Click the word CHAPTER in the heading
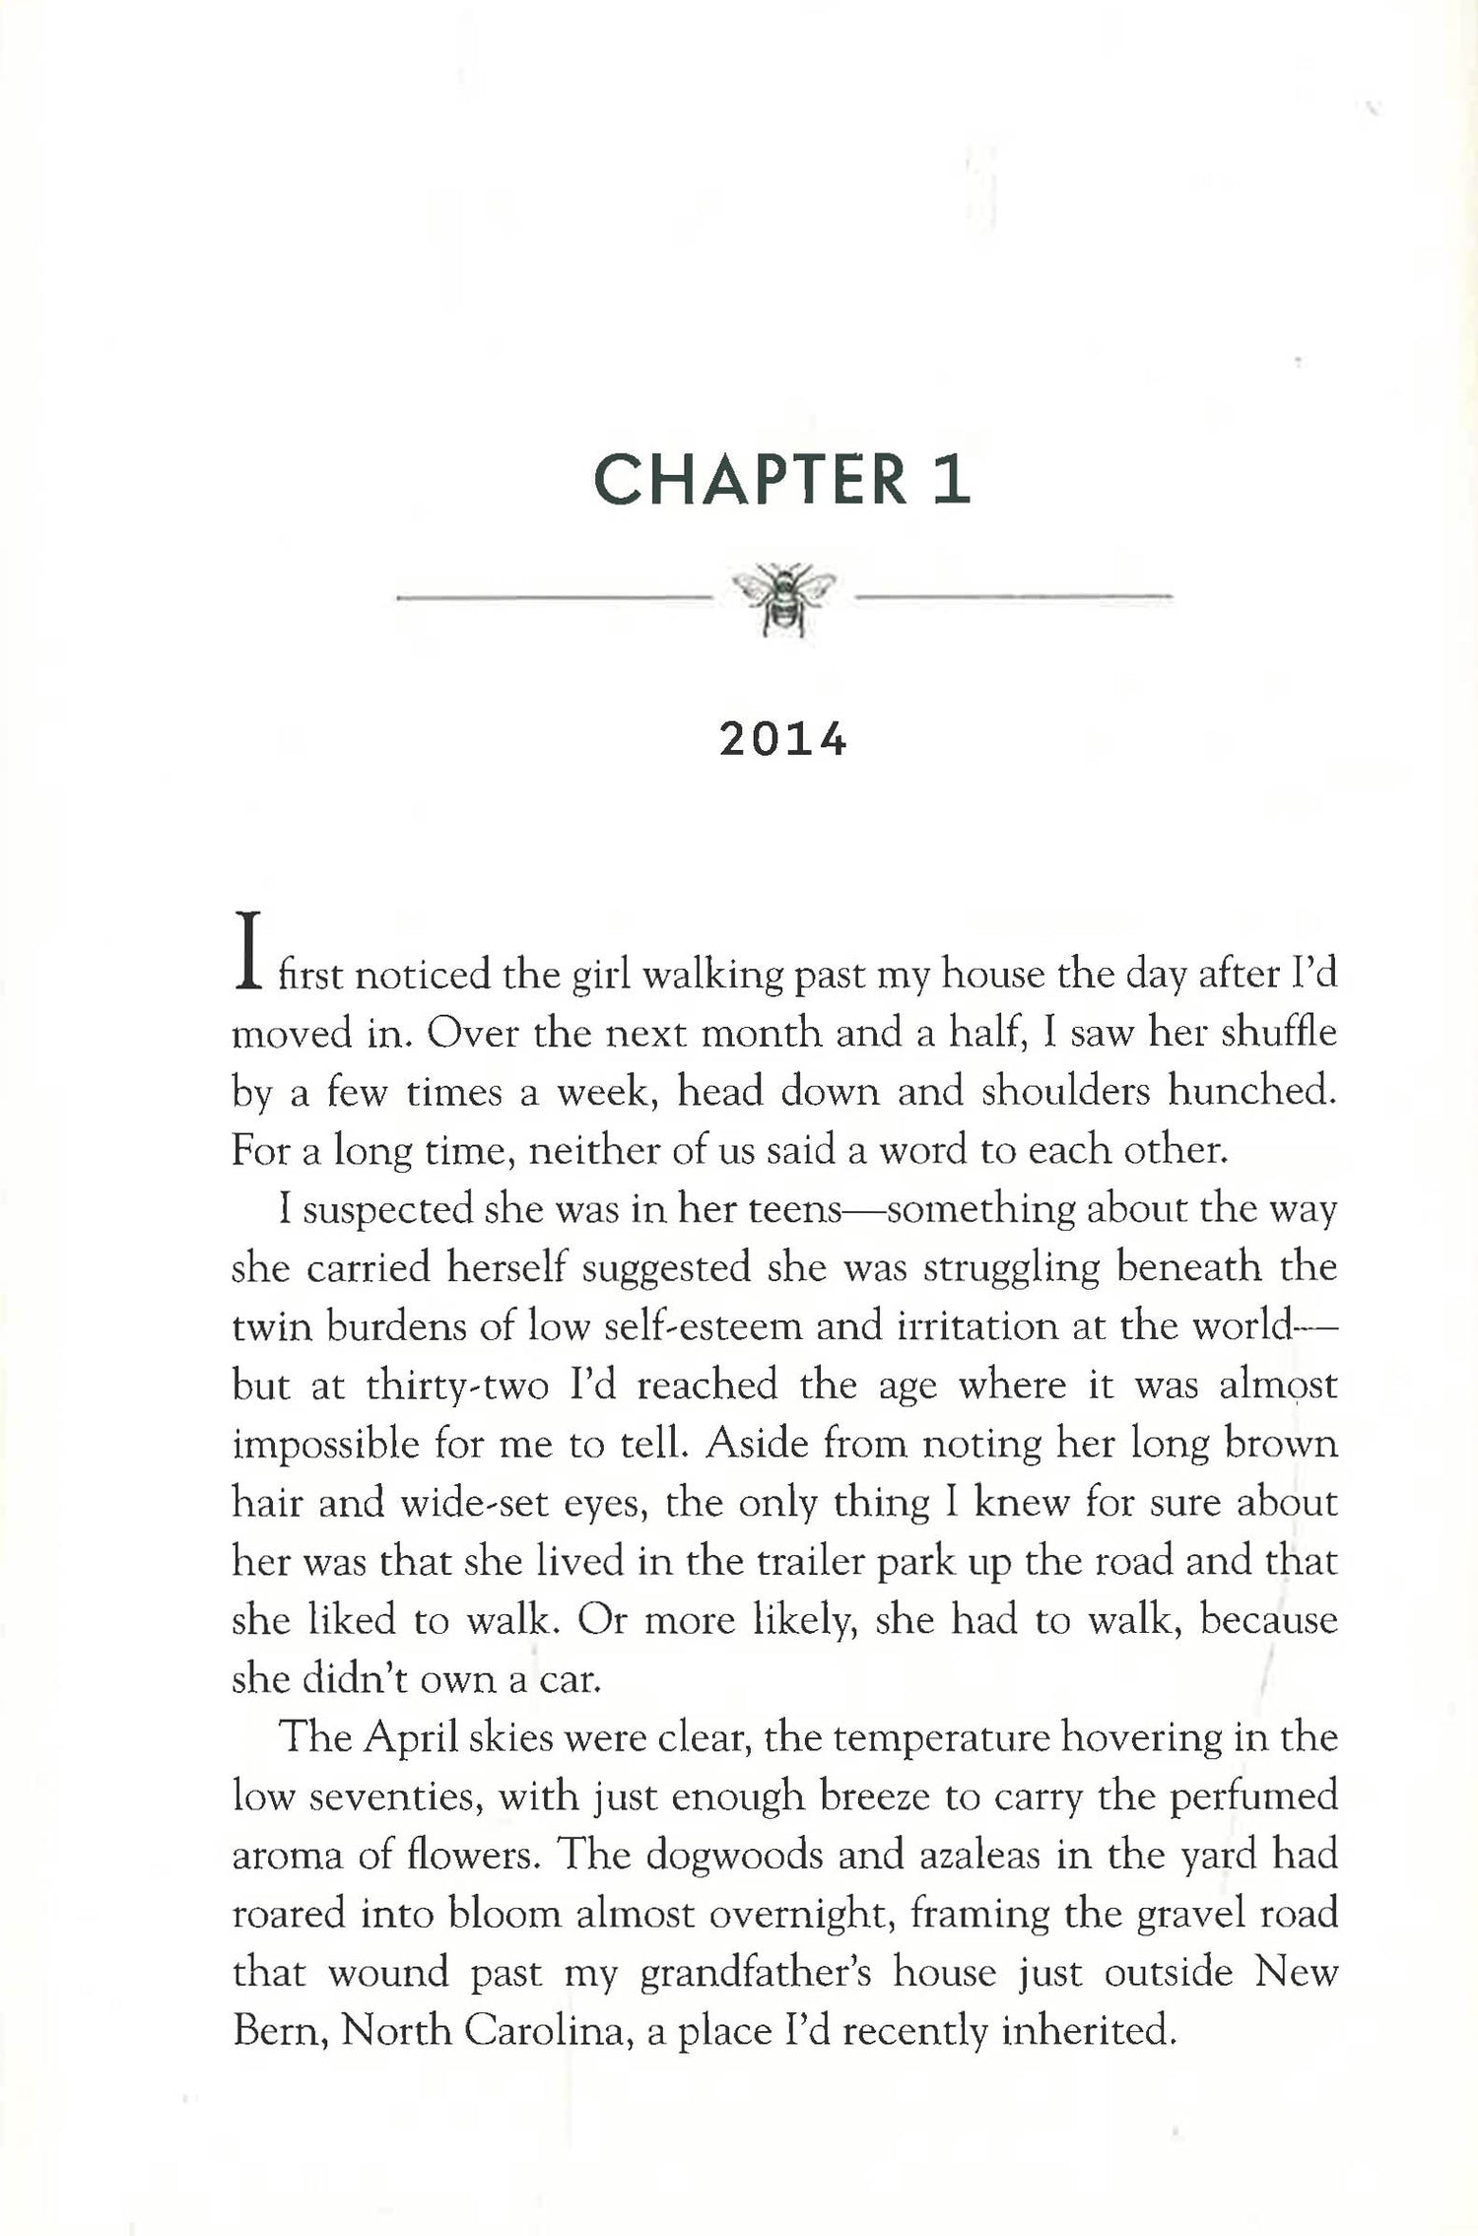[x=750, y=480]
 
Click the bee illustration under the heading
[x=783, y=597]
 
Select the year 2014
[x=783, y=740]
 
